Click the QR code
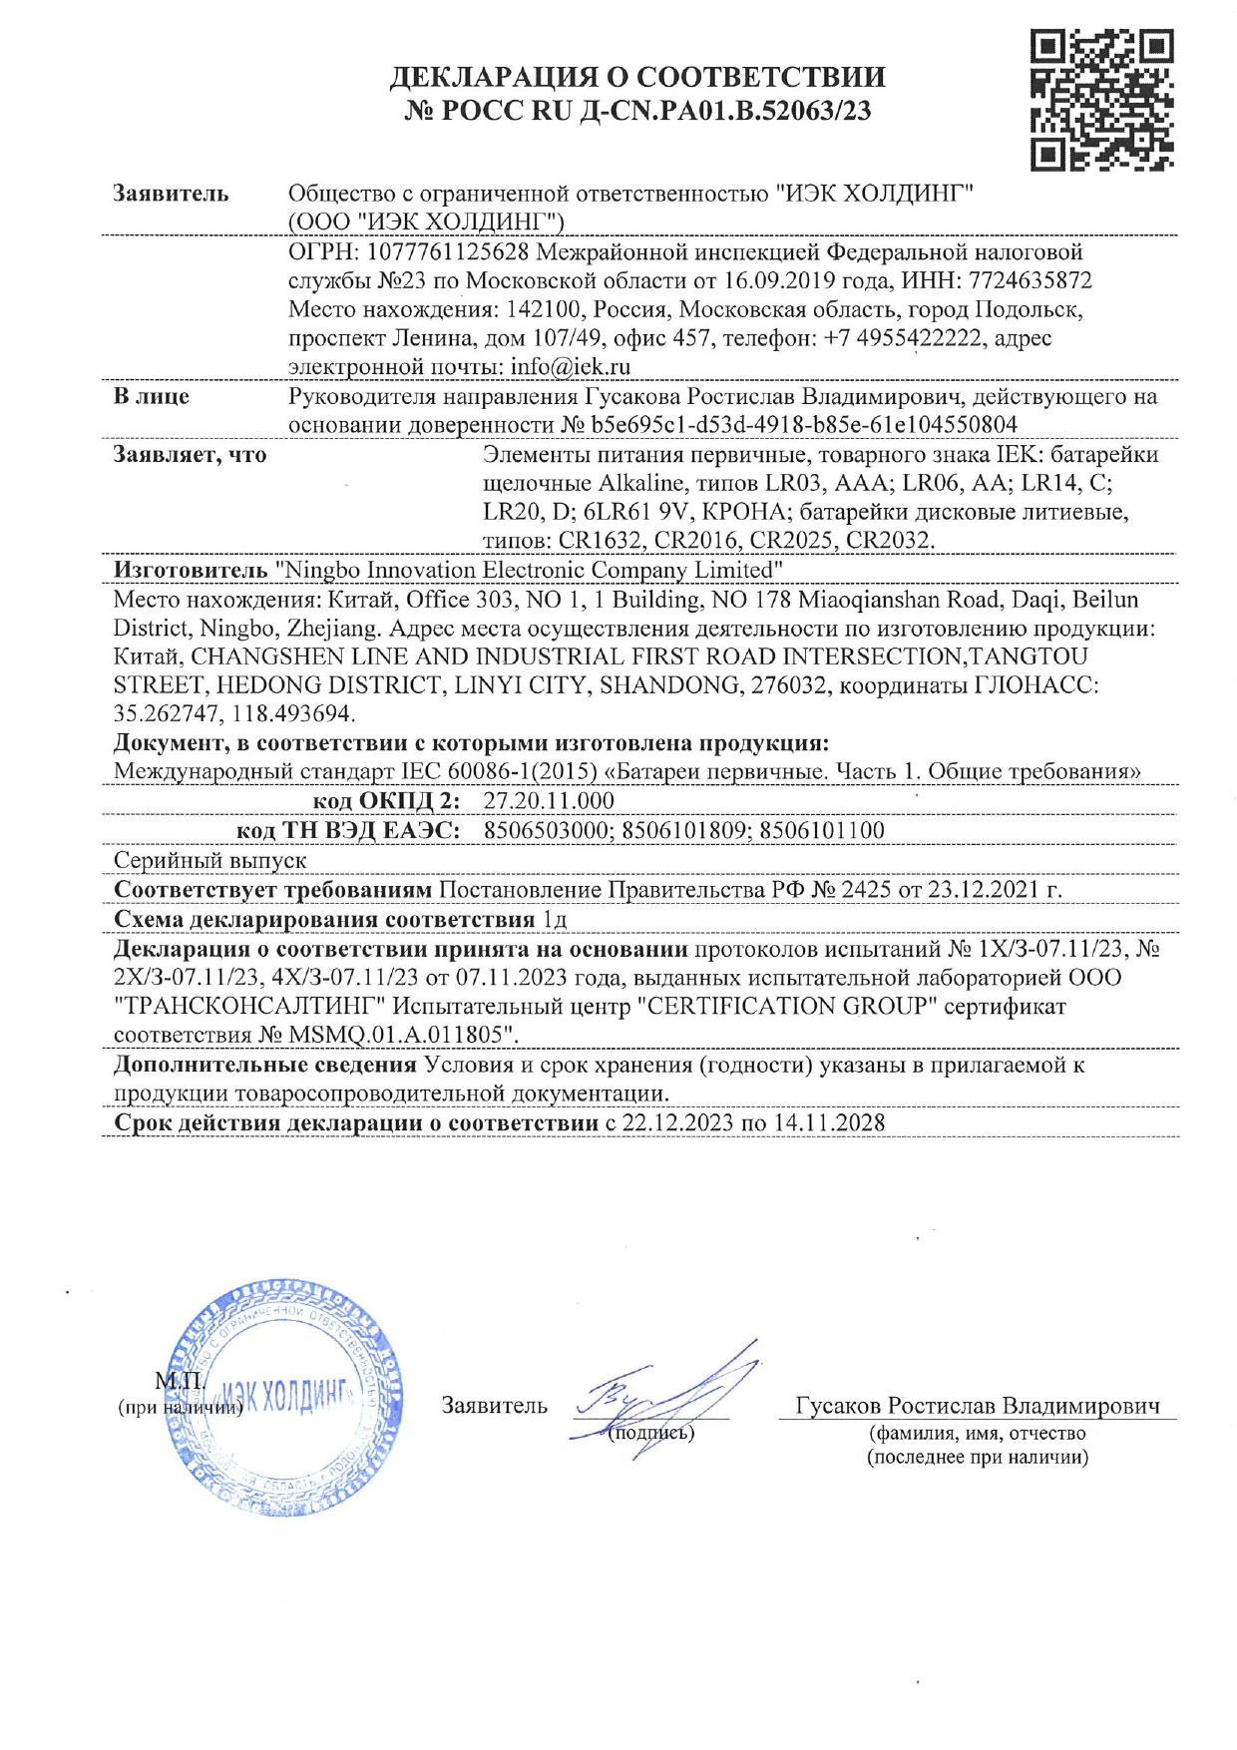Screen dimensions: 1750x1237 coord(1101,99)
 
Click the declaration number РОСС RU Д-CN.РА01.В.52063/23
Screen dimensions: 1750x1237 coord(637,111)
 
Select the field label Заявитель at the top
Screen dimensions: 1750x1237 coord(171,194)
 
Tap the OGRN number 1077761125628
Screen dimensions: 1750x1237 coord(448,251)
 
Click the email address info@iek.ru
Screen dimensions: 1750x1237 coord(570,367)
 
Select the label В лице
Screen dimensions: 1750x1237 coord(152,396)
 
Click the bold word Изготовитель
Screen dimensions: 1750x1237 coord(190,570)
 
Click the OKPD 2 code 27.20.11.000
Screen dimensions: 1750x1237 coord(549,801)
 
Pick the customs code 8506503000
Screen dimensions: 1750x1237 coord(548,830)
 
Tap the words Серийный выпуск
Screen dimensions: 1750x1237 coord(209,859)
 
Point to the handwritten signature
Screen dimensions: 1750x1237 coord(668,1397)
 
